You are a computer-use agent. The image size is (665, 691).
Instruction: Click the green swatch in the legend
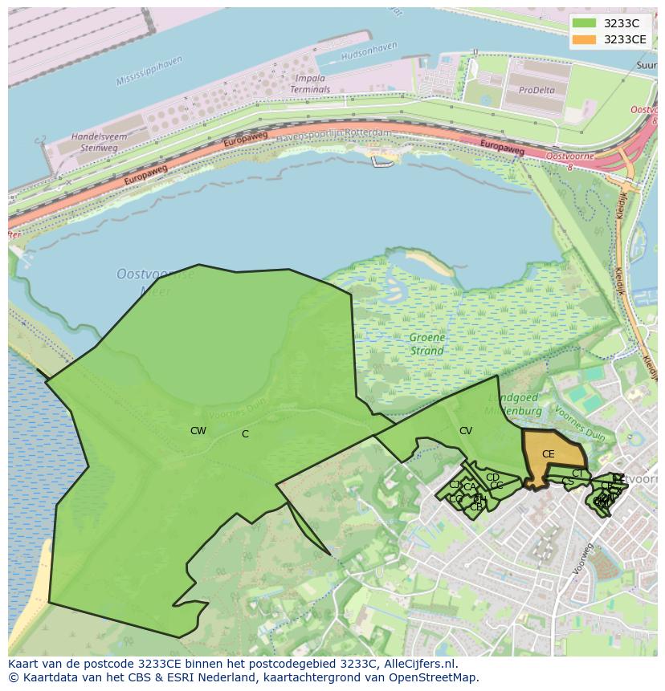585,23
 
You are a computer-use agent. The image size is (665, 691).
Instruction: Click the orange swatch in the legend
585,39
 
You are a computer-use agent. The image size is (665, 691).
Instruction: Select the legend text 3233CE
625,39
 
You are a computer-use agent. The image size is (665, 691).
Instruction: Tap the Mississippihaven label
149,71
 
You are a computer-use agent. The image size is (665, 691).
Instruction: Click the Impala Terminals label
310,84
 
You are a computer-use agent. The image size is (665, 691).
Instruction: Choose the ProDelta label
536,91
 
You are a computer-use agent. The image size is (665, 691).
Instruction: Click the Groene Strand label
426,344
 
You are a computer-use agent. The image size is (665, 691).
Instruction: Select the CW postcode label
198,431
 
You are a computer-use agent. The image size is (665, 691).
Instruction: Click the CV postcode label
466,431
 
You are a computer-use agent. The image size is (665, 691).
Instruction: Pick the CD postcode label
492,478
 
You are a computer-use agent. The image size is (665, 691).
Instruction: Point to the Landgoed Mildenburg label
515,404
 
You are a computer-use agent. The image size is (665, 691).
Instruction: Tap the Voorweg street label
583,559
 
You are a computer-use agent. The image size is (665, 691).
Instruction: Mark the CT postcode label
577,474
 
